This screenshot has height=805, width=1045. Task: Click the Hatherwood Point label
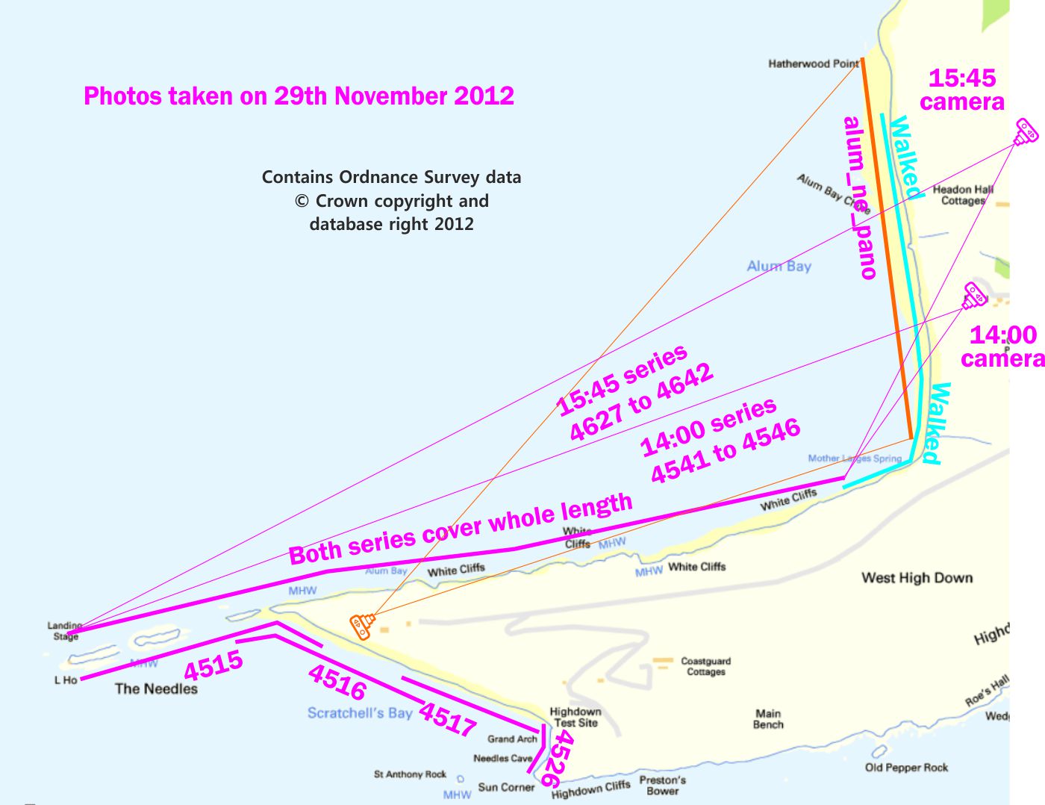coord(814,64)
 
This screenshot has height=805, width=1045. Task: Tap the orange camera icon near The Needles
coord(362,626)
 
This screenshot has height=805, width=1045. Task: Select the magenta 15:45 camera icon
coord(1026,132)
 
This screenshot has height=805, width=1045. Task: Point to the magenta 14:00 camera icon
coord(974,296)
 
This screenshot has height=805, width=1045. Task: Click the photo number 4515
coord(213,665)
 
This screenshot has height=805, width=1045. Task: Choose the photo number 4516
coord(337,682)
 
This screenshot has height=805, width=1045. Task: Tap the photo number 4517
coord(446,719)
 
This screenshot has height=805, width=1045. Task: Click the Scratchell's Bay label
coord(360,713)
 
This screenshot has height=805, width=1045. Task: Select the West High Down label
coord(917,578)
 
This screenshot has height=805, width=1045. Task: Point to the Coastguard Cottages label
coord(705,666)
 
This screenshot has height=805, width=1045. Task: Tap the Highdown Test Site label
coord(575,717)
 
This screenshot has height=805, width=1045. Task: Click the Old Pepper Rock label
coord(906,768)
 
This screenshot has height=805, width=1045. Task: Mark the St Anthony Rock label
coord(410,774)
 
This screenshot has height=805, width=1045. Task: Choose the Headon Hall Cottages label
coord(963,195)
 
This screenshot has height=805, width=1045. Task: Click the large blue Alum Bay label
coord(779,267)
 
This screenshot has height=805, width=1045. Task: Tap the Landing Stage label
coord(65,631)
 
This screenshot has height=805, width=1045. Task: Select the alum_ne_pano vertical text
coord(860,198)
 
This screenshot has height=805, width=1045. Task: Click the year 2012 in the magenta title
coord(484,96)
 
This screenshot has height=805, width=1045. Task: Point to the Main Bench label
coord(768,718)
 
